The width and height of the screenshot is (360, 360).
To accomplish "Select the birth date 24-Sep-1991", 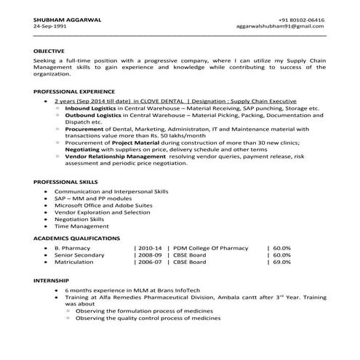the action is pyautogui.click(x=49, y=26).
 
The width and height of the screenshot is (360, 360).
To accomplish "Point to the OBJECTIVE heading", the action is pyautogui.click(x=49, y=50).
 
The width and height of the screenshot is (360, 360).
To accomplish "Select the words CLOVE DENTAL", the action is pyautogui.click(x=164, y=102).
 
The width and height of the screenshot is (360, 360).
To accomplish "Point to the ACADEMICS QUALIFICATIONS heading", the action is pyautogui.click(x=77, y=239).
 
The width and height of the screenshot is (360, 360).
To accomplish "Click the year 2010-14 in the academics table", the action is pyautogui.click(x=150, y=248).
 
